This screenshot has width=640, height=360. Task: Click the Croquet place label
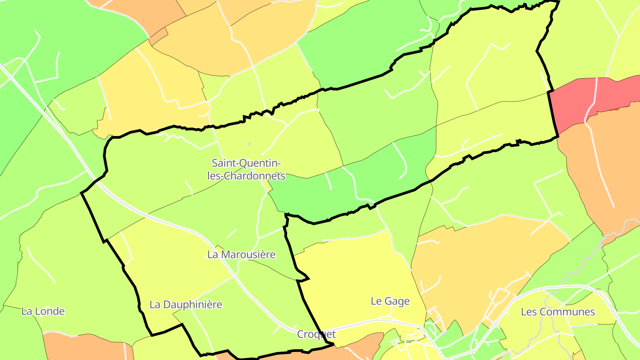point(316,334)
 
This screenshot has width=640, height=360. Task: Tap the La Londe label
point(43,311)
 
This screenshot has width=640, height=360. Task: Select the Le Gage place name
point(390,301)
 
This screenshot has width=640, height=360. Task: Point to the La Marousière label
point(241,255)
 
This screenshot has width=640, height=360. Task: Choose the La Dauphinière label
point(185,304)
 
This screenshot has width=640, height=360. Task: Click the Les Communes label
point(557,312)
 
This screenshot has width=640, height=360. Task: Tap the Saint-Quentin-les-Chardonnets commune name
point(246,169)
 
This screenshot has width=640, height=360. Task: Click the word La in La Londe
point(26,311)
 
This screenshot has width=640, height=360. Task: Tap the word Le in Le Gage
point(376,301)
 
